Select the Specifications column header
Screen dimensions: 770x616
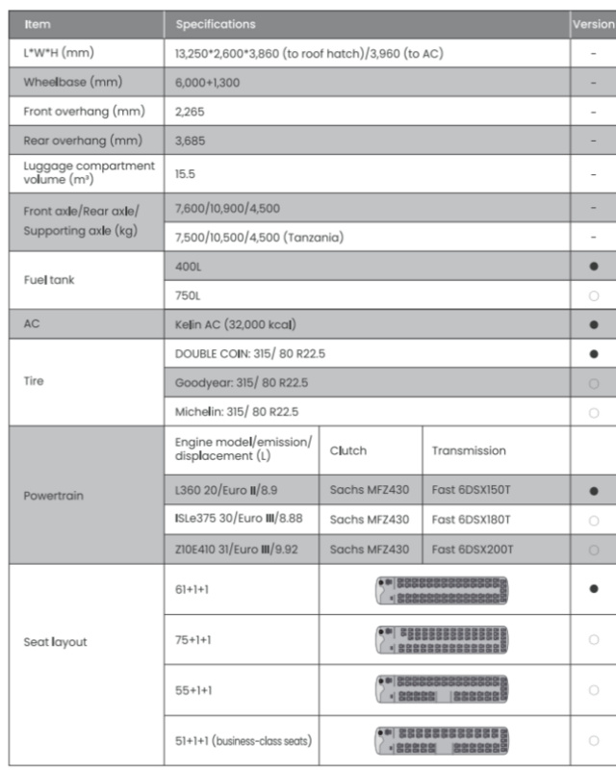coord(216,24)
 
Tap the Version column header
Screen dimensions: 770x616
coord(593,24)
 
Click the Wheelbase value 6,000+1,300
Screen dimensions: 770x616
coord(207,83)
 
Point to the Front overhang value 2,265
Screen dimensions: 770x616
coord(190,112)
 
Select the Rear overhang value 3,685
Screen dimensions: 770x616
coord(190,141)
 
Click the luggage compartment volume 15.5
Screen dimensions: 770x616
coord(184,174)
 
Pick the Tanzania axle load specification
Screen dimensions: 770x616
coord(259,237)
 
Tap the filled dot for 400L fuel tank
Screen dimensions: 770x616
coord(593,266)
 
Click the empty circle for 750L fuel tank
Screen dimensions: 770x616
coord(593,295)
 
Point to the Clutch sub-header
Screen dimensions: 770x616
coord(348,450)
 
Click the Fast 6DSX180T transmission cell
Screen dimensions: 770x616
coord(472,520)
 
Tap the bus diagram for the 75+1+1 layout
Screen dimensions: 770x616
coord(442,639)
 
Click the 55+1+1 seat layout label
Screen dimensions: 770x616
coord(193,690)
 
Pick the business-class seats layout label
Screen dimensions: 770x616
coord(243,740)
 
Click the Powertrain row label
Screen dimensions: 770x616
coord(54,496)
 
